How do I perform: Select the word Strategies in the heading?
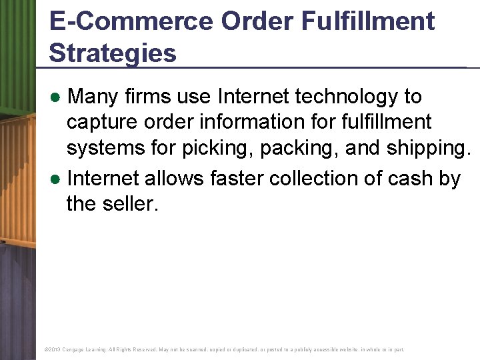click(113, 53)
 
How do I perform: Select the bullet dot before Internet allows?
click(57, 179)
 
